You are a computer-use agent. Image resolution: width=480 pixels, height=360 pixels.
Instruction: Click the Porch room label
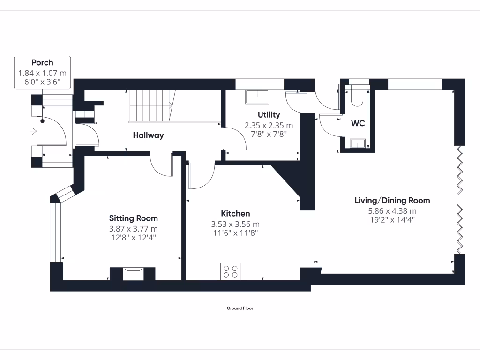42,62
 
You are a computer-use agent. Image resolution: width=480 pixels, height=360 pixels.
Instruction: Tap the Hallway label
148,135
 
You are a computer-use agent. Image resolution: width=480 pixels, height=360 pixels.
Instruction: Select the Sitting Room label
133,218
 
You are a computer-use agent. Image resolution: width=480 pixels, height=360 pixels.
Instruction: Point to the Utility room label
269,114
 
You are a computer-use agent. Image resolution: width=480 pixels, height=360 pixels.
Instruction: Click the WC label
358,124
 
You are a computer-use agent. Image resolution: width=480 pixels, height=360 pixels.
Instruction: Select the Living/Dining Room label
392,200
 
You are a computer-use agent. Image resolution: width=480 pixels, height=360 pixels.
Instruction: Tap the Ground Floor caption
240,308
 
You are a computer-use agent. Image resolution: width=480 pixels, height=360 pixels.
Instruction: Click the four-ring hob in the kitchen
230,272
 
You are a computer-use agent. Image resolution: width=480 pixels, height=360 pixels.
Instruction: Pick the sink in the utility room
257,97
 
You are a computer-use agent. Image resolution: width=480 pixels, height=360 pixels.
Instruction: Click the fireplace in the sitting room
133,273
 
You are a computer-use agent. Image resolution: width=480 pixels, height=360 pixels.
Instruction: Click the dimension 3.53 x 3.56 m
235,224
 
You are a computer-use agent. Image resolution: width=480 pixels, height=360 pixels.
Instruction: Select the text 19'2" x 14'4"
392,219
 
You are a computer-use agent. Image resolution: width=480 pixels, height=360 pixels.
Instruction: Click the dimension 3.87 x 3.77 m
134,229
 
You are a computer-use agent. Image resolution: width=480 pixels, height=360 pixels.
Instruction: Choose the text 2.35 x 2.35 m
269,125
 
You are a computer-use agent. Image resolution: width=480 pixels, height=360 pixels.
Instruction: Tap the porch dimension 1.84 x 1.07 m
42,73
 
